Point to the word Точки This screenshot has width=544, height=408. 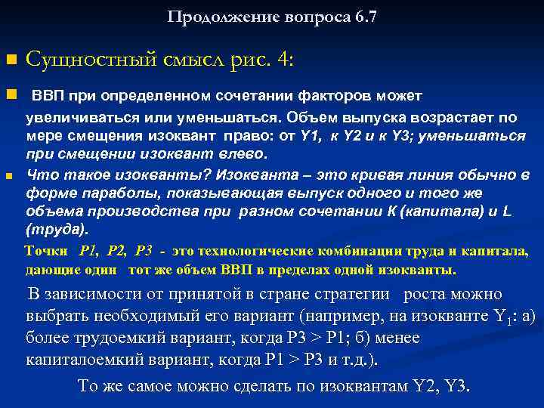(48, 251)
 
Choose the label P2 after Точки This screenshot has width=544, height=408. (119, 251)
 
